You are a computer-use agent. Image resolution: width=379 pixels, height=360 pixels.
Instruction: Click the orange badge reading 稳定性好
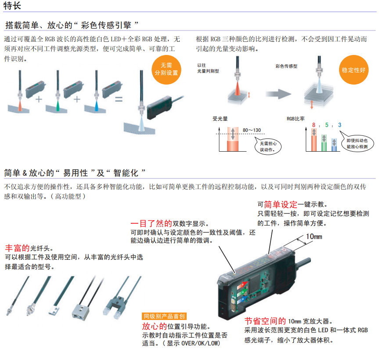tap(354, 70)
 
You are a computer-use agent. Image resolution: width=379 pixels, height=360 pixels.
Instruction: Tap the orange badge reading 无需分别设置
tap(166, 70)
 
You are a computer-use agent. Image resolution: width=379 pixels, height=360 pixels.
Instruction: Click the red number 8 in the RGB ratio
tap(314, 125)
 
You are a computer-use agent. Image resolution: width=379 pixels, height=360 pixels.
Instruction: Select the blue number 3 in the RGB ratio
tap(339, 125)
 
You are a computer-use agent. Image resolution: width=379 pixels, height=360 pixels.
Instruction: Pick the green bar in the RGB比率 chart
tap(324, 143)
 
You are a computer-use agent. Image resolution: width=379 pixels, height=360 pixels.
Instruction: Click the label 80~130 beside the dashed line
tap(252, 130)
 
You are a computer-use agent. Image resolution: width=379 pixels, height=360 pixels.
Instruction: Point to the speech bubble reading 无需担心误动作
tap(268, 146)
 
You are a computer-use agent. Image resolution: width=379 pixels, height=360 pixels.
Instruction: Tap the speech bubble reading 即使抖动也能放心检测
tap(357, 143)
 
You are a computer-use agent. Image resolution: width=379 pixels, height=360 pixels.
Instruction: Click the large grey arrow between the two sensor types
tap(278, 94)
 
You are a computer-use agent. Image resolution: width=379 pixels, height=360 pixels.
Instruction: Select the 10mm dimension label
tap(314, 236)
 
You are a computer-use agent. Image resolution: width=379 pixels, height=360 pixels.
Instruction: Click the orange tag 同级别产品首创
tap(164, 316)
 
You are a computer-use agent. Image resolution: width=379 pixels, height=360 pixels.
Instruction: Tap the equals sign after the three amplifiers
tap(119, 99)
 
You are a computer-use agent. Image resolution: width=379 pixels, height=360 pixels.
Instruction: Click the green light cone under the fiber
tap(58, 106)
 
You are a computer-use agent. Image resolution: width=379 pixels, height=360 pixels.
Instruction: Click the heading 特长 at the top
tap(12, 6)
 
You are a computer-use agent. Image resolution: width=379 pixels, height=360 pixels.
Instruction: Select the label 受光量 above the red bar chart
tap(220, 119)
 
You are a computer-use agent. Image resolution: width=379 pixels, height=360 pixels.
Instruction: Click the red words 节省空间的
tap(265, 321)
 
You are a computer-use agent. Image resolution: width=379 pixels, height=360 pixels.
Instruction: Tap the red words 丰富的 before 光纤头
tap(17, 248)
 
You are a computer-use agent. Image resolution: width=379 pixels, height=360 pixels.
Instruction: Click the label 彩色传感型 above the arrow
tap(286, 66)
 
